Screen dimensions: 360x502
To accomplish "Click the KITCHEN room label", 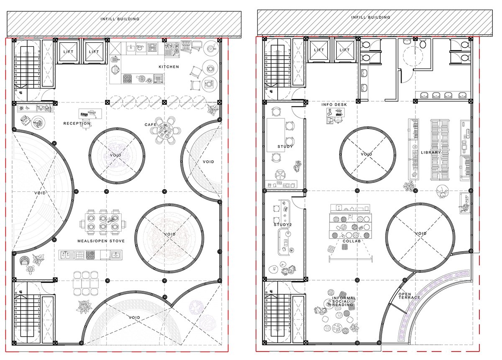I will click(x=169, y=67).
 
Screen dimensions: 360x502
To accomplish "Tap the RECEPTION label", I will click(x=77, y=123).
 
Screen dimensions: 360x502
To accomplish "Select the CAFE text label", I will click(x=150, y=125).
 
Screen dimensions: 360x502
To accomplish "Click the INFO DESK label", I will click(x=334, y=105).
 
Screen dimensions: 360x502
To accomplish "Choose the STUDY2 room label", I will click(x=283, y=225).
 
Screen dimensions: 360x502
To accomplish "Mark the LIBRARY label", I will click(x=431, y=153).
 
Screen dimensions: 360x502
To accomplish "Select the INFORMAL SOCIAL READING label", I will click(x=343, y=302).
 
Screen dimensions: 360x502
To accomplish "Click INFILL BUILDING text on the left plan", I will click(x=120, y=19).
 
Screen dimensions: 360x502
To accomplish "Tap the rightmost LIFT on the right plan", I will click(x=344, y=50).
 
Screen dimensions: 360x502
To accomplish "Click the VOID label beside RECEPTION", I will click(x=116, y=155).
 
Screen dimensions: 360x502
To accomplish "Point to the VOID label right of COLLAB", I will click(x=420, y=234).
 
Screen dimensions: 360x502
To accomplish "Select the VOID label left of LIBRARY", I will click(x=366, y=154).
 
